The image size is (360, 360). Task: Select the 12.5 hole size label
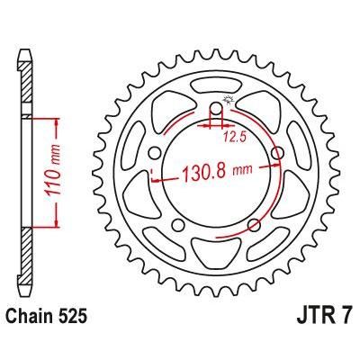(236, 137)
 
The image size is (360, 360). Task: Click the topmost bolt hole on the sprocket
(217, 112)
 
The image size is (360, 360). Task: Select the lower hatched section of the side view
(28, 261)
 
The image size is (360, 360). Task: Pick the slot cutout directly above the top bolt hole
(217, 85)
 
